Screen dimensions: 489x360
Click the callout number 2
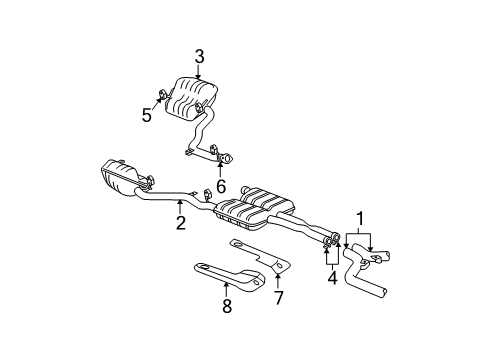[x=181, y=224]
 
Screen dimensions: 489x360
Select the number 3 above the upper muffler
[x=199, y=57]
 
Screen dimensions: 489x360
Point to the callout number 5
[x=147, y=115]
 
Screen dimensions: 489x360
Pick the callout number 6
[x=221, y=185]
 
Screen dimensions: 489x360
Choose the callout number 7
[x=278, y=297]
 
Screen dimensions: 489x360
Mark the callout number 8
[x=226, y=307]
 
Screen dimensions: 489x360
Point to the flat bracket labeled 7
[x=260, y=254]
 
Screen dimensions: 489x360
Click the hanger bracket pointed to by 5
[x=162, y=97]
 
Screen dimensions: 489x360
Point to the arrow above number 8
[x=226, y=289]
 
